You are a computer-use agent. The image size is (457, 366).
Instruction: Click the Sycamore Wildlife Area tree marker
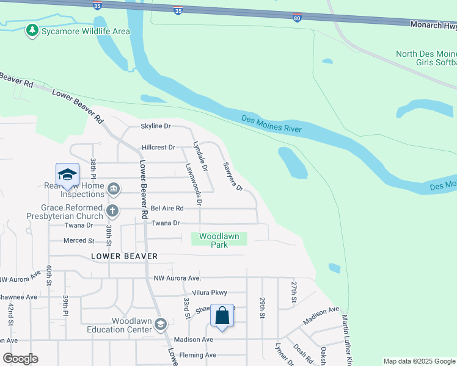[x=32, y=30]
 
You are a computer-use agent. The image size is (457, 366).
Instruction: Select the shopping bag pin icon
[x=222, y=316]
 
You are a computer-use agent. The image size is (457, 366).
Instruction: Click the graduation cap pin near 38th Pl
[x=67, y=174]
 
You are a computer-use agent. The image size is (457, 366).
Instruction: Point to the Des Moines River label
[x=271, y=124]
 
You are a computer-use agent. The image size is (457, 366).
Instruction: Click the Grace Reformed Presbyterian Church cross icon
[x=112, y=211]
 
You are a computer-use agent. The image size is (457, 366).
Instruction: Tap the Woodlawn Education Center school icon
[x=161, y=324]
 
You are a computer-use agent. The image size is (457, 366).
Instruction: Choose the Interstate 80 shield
[x=296, y=18]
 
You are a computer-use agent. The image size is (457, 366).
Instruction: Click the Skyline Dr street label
[x=156, y=126]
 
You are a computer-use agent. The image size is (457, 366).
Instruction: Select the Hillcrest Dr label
[x=158, y=148]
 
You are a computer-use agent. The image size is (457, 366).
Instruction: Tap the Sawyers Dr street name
[x=233, y=176]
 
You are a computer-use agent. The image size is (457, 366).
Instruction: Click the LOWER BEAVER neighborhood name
[x=125, y=256]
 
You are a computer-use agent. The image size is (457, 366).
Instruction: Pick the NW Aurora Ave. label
[x=177, y=278]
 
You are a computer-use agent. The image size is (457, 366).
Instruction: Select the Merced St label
[x=79, y=241]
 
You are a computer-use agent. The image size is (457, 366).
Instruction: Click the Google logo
[x=20, y=359]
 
